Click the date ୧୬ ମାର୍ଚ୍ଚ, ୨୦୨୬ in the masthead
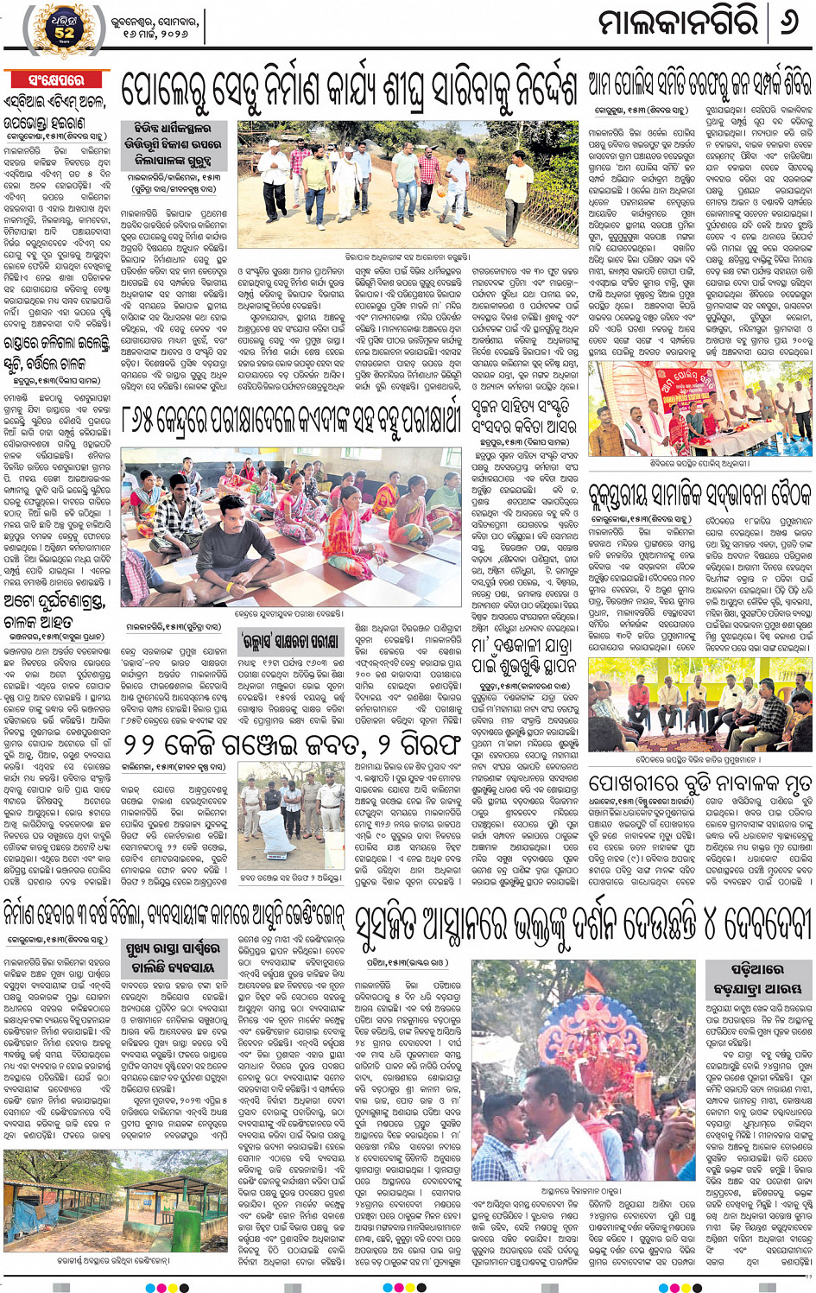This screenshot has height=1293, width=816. pyautogui.click(x=155, y=33)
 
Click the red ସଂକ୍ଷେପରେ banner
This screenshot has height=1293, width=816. pyautogui.click(x=56, y=80)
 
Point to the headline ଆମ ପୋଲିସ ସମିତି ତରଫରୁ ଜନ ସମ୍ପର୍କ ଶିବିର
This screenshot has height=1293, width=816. pyautogui.click(x=699, y=84)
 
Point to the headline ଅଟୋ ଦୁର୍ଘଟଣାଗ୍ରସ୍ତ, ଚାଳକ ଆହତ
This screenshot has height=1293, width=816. pyautogui.click(x=56, y=609)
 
